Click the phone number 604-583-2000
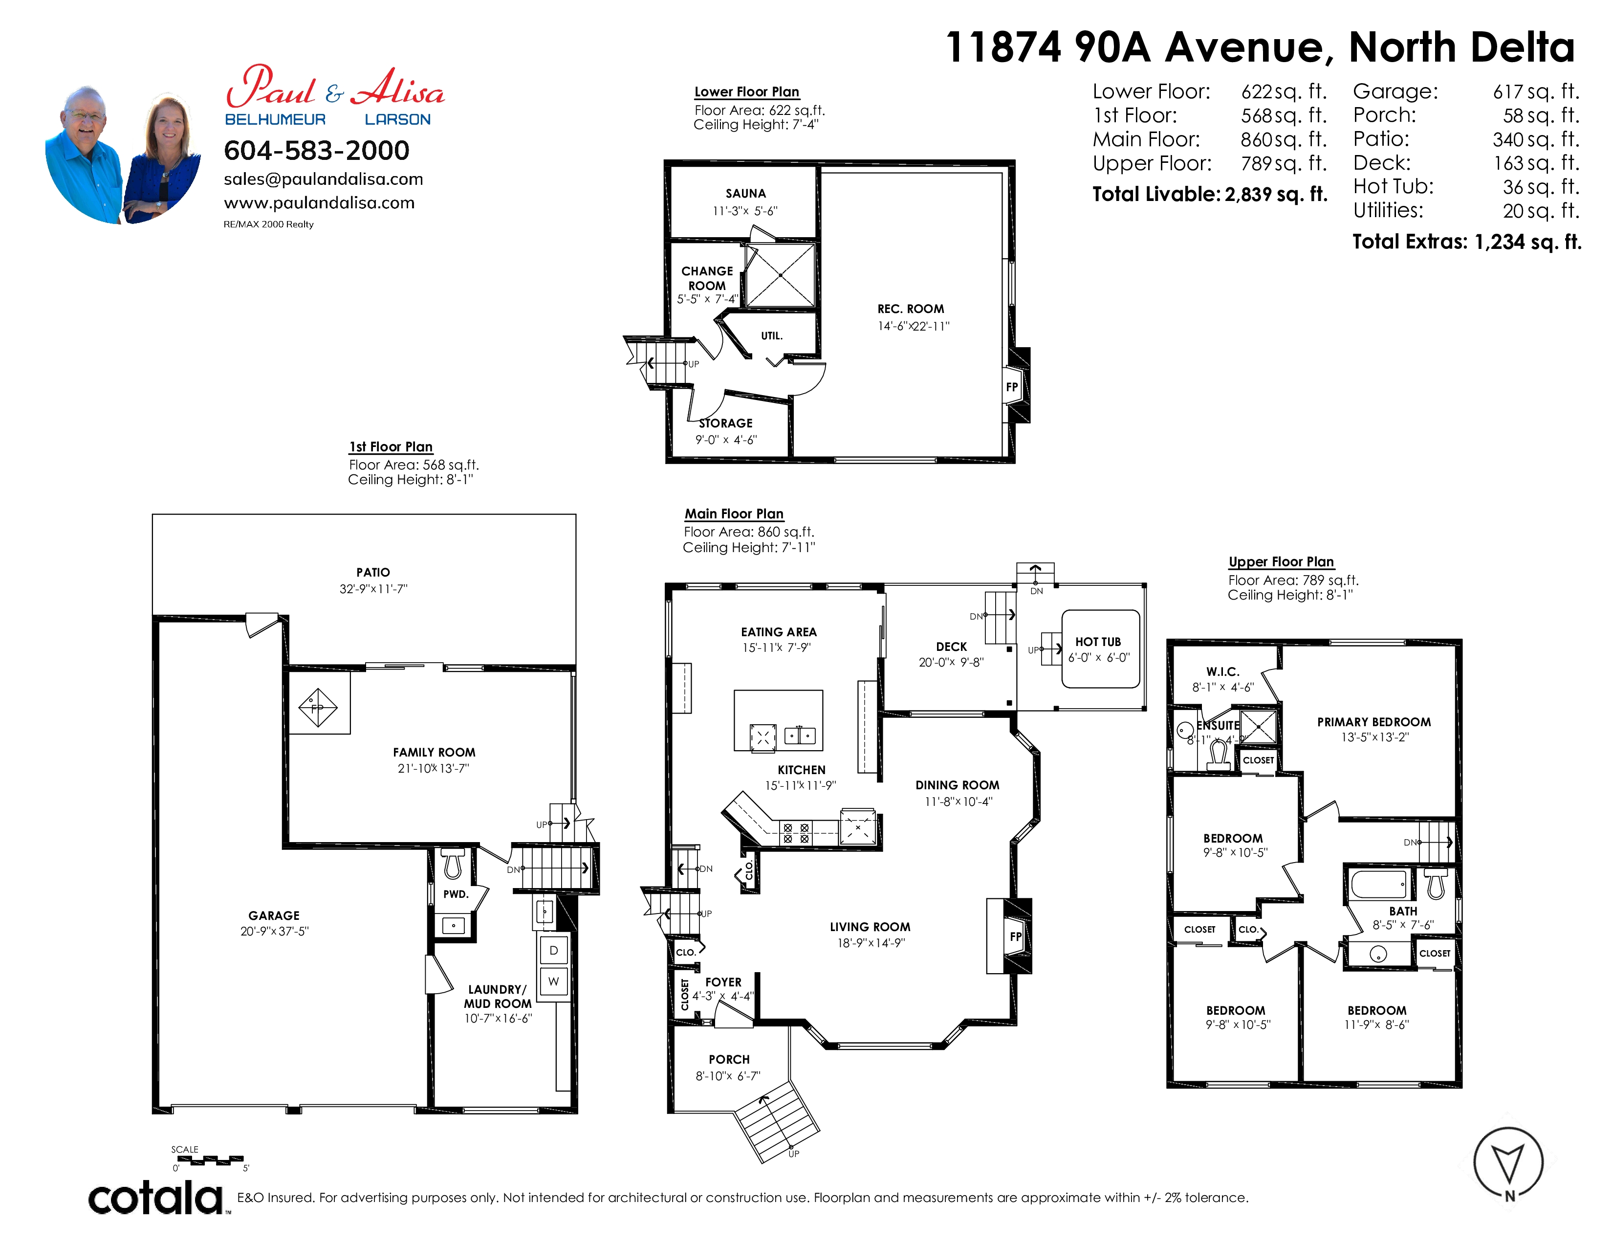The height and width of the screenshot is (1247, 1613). pyautogui.click(x=316, y=151)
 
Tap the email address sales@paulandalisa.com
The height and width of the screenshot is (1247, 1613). pyautogui.click(x=324, y=179)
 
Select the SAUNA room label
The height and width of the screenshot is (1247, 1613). pyautogui.click(x=745, y=194)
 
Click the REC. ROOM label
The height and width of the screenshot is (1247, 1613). pyautogui.click(x=911, y=309)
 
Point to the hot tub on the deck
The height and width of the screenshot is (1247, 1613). pyautogui.click(x=1100, y=648)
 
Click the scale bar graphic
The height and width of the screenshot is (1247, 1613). pyautogui.click(x=211, y=1160)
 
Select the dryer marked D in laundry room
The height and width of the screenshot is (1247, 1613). pyautogui.click(x=553, y=951)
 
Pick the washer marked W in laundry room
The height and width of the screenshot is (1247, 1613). pyautogui.click(x=553, y=982)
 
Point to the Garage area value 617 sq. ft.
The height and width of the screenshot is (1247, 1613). pyautogui.click(x=1536, y=91)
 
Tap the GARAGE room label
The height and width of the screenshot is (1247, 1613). pyautogui.click(x=274, y=915)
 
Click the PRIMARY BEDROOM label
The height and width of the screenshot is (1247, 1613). pyautogui.click(x=1373, y=722)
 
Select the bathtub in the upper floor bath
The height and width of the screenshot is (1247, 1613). pyautogui.click(x=1378, y=884)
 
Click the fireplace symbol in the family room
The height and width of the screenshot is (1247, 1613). pyautogui.click(x=318, y=708)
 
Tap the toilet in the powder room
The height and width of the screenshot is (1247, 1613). pyautogui.click(x=452, y=861)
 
